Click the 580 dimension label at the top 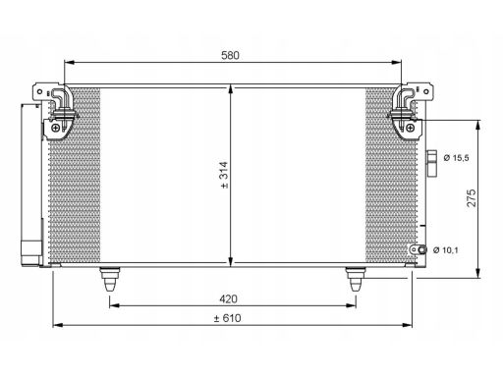(230, 55)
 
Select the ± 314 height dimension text (224, 175)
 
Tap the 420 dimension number (228, 298)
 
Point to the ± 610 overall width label (227, 318)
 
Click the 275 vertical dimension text (472, 197)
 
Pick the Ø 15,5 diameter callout (456, 158)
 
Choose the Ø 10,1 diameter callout (446, 250)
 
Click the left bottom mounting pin (110, 279)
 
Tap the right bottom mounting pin (356, 279)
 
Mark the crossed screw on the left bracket (56, 128)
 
